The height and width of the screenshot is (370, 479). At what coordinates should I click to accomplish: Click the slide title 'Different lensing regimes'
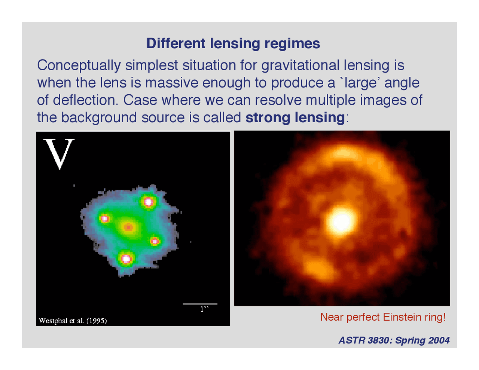tap(233, 43)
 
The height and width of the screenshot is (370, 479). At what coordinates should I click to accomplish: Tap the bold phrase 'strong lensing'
tap(295, 117)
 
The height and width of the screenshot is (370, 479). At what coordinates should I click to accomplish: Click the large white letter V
tap(59, 153)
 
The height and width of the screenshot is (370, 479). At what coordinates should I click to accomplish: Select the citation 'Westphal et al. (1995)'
tap(73, 321)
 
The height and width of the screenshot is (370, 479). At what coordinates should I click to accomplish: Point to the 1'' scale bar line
tap(200, 304)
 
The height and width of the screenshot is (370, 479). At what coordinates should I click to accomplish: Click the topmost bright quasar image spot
tap(148, 202)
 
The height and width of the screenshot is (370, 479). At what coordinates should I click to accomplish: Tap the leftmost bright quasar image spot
tap(104, 218)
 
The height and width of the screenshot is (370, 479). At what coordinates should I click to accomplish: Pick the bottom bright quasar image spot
tap(126, 259)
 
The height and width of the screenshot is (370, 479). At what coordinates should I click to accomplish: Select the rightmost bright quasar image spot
tap(155, 241)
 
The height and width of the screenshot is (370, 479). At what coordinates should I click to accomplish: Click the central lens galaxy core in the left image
tap(128, 227)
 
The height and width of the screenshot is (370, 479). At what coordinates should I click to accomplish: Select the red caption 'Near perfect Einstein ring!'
tap(383, 317)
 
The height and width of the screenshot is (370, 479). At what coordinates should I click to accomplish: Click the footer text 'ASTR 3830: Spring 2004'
tap(394, 340)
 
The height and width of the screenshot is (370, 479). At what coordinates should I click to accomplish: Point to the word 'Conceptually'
tap(79, 65)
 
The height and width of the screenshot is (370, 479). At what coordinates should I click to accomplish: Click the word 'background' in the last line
tap(99, 117)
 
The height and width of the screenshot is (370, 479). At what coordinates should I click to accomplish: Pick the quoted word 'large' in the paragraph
tap(362, 83)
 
